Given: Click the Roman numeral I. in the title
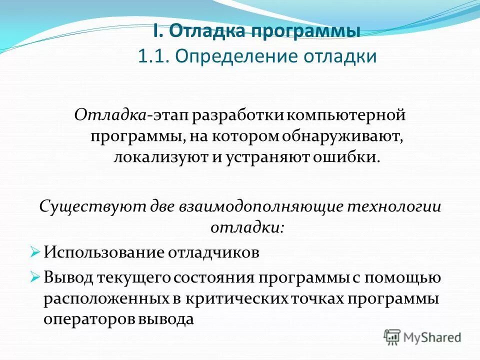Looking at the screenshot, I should coord(156,31).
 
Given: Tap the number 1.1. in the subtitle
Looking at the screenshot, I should coord(153,56).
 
